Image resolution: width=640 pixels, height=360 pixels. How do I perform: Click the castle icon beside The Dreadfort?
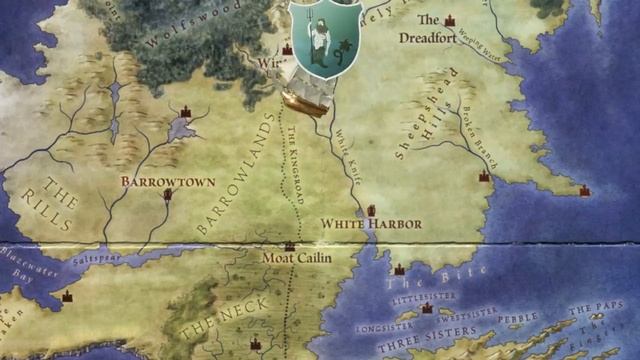pos(450,20)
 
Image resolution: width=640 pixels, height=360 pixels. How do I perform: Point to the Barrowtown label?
pos(156,182)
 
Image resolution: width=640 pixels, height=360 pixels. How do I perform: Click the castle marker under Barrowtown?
pos(168,195)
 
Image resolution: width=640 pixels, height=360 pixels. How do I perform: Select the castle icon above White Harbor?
pos(371,210)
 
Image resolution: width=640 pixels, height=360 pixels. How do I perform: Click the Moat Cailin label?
pos(296,258)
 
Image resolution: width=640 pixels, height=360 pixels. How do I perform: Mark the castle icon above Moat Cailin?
pos(290,245)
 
